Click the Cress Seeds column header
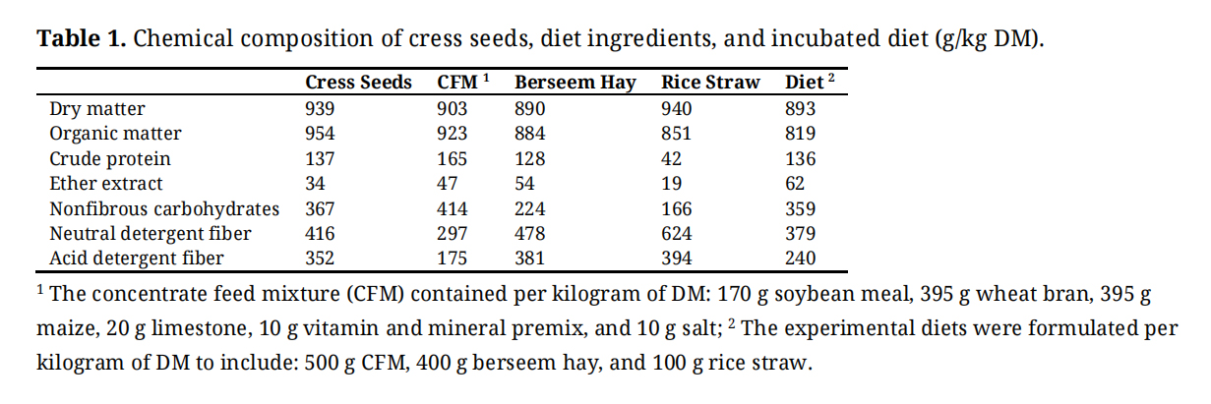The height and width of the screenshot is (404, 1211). [x=358, y=83]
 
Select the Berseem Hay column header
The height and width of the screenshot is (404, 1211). [x=575, y=83]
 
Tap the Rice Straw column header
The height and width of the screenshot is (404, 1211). [x=710, y=83]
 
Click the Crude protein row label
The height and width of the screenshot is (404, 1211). [x=110, y=158]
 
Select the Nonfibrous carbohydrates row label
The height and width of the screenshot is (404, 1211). [x=164, y=208]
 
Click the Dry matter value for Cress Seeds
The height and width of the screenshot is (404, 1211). [x=321, y=108]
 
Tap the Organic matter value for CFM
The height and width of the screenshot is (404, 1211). [x=452, y=134]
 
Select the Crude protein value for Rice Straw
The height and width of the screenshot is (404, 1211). [x=672, y=158]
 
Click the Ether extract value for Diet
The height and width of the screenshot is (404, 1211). [x=795, y=184]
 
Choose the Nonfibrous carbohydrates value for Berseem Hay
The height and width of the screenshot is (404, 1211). [x=530, y=208]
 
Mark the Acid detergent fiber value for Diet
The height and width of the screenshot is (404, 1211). [x=800, y=259]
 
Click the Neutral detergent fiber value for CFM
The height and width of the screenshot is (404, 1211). [x=452, y=234]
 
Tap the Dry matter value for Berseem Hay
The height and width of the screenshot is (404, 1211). [x=530, y=108]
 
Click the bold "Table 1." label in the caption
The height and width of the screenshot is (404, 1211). [x=81, y=40]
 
